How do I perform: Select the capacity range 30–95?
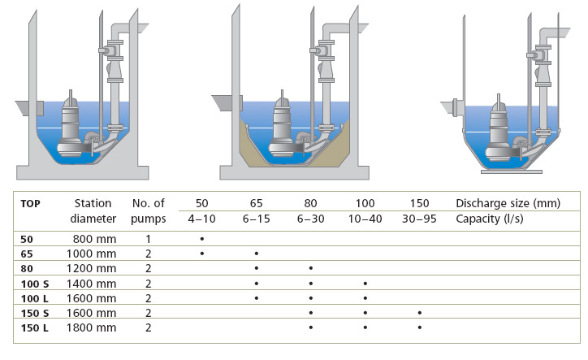point(419,219)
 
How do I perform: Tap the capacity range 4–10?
point(201,219)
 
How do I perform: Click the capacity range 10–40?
point(365,219)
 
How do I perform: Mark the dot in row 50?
point(201,239)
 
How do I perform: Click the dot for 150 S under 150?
point(419,312)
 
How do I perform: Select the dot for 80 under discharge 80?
point(310,268)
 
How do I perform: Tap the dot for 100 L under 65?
point(256,297)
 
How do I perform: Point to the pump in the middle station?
point(283,130)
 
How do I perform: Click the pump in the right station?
point(499,130)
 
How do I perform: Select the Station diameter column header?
point(92,210)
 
